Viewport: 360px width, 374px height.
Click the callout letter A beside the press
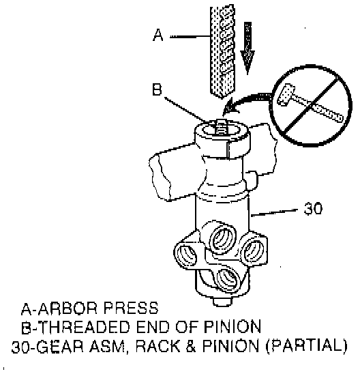158,35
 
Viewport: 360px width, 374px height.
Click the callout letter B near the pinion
157,89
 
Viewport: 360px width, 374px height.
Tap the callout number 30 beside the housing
313,208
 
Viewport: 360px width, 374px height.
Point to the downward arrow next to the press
247,48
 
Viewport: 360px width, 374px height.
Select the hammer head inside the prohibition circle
286,95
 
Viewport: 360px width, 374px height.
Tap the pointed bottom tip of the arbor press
222,98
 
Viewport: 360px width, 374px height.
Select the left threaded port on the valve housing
187,256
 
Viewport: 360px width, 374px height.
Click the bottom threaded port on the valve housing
228,279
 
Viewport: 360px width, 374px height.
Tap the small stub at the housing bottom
222,301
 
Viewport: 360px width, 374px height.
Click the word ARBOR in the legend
67,308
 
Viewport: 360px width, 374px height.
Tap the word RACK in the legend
157,346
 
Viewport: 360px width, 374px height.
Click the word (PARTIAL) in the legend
306,346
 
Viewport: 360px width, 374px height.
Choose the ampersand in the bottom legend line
191,346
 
